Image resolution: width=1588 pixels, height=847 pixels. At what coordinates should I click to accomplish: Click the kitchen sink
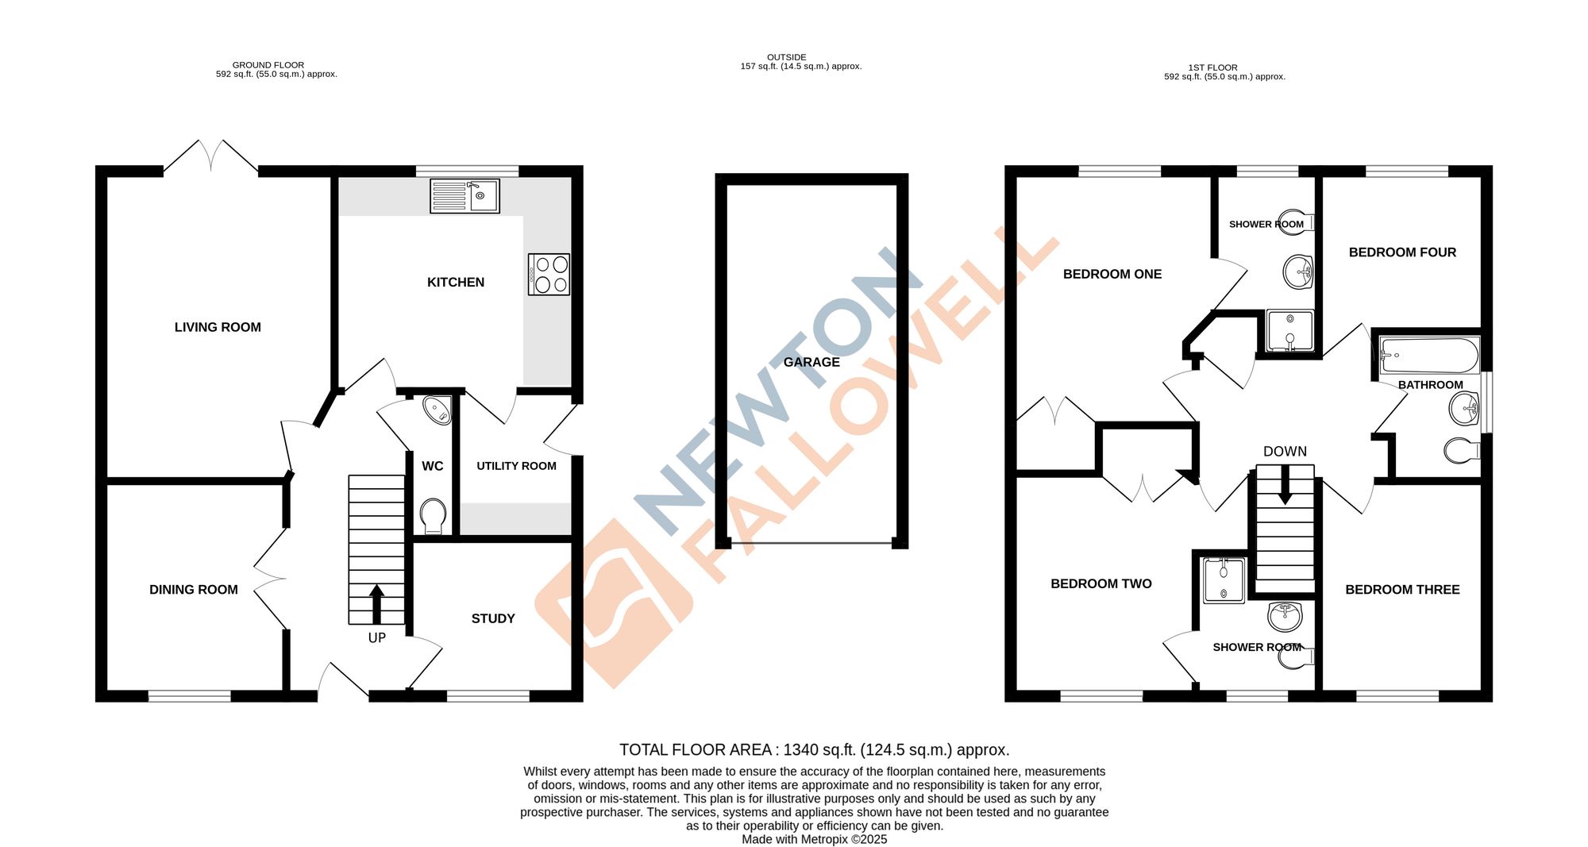point(464,196)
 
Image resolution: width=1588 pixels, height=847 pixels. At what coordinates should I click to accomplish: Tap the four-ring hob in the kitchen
point(549,274)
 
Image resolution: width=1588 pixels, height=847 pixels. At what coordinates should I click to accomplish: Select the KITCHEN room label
point(455,283)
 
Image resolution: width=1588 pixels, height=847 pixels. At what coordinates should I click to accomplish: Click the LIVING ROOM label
point(218,327)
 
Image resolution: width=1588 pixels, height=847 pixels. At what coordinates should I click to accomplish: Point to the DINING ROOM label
point(194,590)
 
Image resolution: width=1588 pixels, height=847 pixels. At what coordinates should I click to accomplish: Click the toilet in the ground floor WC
point(433,515)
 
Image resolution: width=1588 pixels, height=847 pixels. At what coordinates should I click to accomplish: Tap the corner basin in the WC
point(436,410)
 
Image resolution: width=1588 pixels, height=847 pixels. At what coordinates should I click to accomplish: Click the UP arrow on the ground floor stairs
point(376,603)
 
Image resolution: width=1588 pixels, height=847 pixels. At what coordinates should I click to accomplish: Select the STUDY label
point(493,618)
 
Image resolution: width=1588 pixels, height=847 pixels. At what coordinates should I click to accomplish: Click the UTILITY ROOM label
point(516,466)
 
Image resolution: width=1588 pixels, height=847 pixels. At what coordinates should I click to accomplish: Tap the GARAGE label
point(811,362)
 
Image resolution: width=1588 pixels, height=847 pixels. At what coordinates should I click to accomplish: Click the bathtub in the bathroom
point(1429,355)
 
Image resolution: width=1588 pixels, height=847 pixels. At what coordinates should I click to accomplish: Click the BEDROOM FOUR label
point(1402,252)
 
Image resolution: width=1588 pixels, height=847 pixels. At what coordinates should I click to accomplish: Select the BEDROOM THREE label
point(1402,590)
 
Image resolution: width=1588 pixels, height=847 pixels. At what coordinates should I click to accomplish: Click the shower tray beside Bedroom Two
point(1224,580)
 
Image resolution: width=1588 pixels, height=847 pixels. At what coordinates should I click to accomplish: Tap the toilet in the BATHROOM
point(1462,451)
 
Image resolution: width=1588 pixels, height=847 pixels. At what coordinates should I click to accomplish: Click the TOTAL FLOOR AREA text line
point(814,749)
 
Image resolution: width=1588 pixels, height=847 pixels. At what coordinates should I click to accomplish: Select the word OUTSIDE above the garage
point(786,57)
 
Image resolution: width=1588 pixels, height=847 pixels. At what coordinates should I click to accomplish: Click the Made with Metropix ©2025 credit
point(814,839)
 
